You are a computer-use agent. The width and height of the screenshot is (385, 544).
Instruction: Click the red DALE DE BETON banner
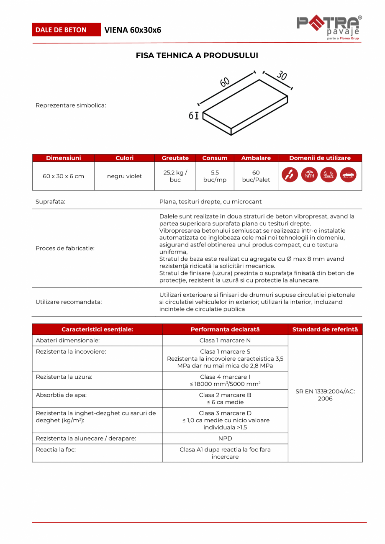[66, 30]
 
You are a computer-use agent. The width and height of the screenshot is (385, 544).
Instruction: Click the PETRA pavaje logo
[329, 28]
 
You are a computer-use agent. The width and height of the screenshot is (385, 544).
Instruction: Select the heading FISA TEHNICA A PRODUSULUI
[197, 55]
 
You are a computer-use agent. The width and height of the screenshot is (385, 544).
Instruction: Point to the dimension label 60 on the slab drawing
[225, 82]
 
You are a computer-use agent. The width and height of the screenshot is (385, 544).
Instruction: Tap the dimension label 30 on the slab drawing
[282, 75]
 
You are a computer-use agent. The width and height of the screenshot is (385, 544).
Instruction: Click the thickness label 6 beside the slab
[191, 116]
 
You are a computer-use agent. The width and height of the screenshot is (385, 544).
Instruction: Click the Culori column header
[124, 158]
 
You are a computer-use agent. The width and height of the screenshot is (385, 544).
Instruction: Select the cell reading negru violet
[124, 176]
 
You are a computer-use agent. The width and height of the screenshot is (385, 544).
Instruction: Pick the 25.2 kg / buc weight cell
[175, 176]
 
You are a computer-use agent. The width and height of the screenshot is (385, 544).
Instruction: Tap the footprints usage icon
[290, 175]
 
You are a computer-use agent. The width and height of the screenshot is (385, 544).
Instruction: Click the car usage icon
[348, 175]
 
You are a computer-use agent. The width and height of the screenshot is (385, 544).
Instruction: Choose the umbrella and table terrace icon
[309, 175]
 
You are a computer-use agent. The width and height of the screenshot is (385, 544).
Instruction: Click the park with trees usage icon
[329, 175]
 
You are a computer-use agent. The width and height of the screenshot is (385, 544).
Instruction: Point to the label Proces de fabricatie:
[65, 248]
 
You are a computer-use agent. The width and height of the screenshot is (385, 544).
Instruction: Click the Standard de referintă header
[325, 329]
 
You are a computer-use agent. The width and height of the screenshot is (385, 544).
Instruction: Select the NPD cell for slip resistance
[225, 438]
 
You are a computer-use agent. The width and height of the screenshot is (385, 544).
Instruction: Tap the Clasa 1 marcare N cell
[225, 340]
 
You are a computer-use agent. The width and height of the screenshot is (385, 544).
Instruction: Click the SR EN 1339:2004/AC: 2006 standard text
[325, 395]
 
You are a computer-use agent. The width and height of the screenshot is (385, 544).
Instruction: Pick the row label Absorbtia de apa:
[61, 395]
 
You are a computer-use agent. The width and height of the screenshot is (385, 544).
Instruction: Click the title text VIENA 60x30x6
[133, 30]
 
